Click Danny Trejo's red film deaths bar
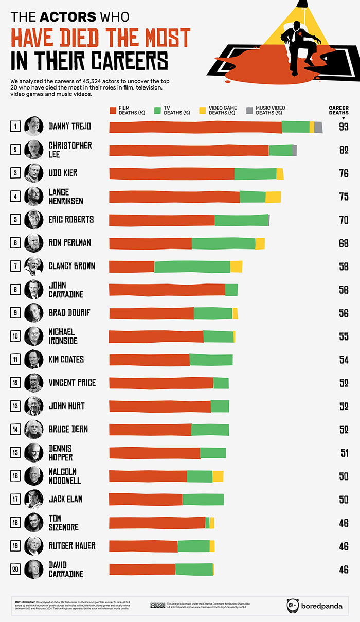[195, 127]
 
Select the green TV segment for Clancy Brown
[192, 266]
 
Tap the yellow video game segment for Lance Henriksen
[273, 197]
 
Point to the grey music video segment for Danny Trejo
[318, 127]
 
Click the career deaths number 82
[344, 150]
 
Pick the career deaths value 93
[344, 127]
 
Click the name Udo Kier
[63, 173]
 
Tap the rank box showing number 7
[16, 266]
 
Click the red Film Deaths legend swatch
[114, 110]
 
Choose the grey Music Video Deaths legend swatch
[250, 110]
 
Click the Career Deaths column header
[338, 111]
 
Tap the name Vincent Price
[71, 383]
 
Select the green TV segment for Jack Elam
[203, 499]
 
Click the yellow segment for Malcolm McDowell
[218, 476]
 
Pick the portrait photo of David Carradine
[33, 569]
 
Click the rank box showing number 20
[16, 569]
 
